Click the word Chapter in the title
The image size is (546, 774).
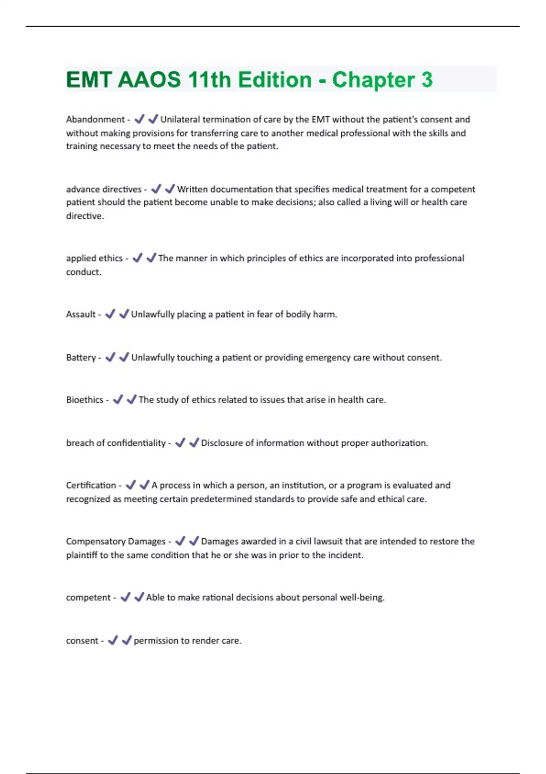pos(372,80)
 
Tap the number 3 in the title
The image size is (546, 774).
pos(427,80)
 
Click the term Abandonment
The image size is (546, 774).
pos(95,119)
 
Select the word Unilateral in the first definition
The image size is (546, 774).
pos(180,119)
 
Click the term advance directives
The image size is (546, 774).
pos(104,189)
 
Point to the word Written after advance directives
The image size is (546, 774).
pos(192,189)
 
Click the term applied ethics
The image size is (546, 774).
pos(94,258)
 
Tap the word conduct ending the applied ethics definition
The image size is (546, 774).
pos(83,272)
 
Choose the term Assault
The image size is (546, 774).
pos(81,314)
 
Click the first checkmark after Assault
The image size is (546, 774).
pos(110,314)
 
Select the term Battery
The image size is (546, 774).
pos(81,357)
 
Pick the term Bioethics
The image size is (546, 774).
pos(85,400)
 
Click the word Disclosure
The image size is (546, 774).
pos(222,443)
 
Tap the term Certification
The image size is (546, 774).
pos(91,485)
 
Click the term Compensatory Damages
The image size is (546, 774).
pos(116,541)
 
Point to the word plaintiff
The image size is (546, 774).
pos(82,555)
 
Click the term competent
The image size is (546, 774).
pos(88,597)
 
